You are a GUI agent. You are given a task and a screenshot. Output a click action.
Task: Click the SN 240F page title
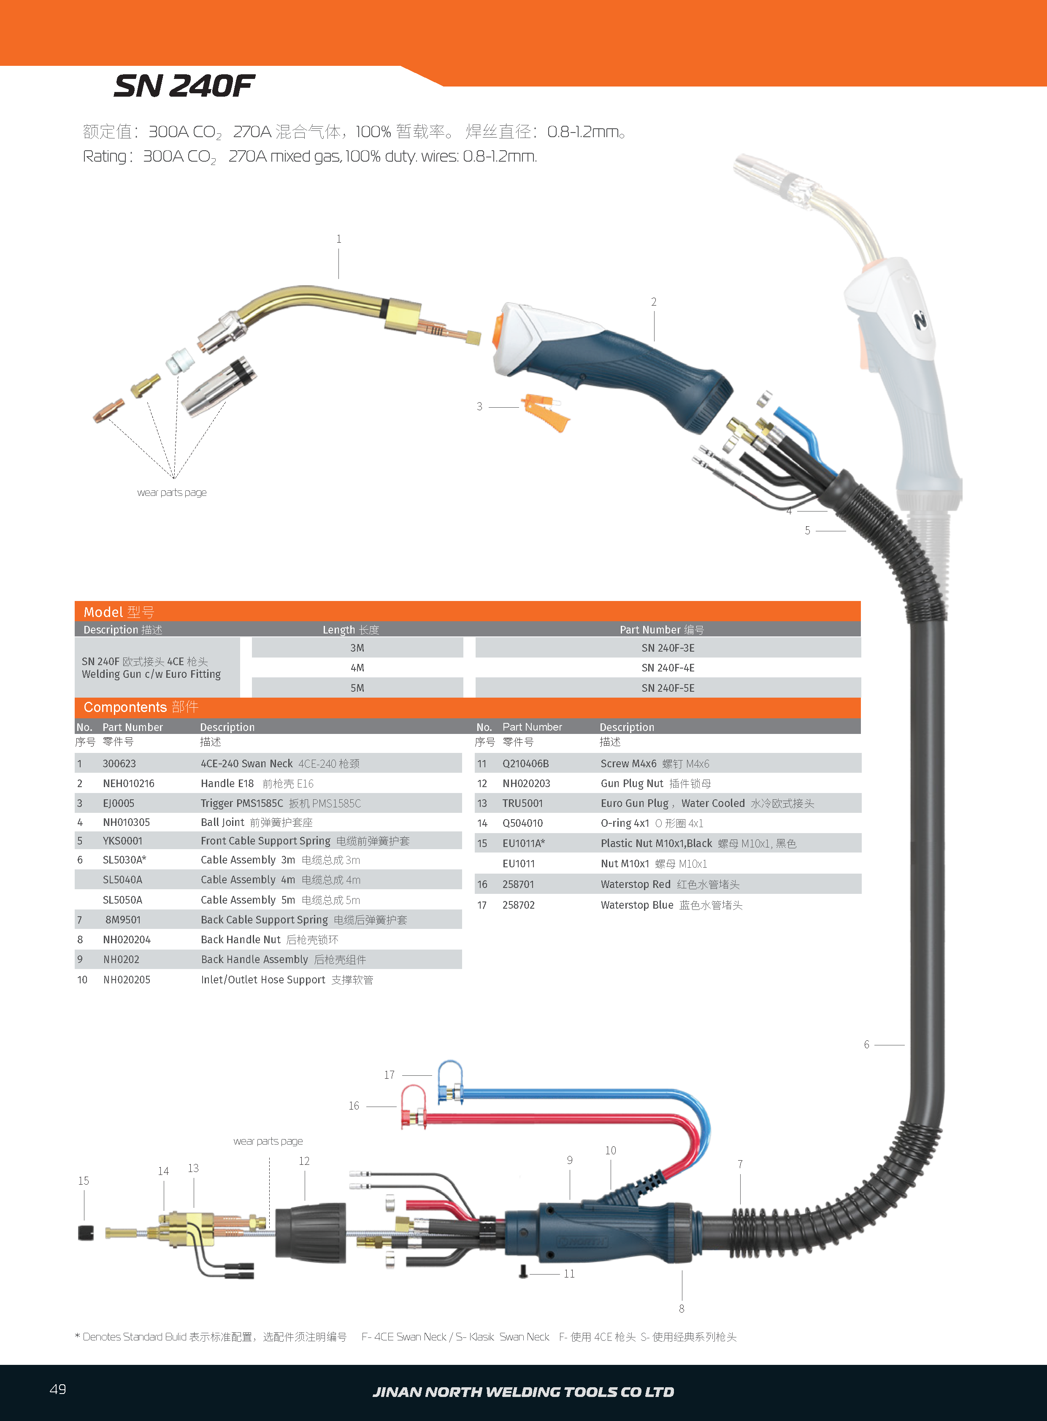tap(184, 86)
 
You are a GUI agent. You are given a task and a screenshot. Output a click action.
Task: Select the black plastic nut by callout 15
tap(86, 1233)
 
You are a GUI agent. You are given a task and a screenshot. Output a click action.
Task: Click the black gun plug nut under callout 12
tap(311, 1233)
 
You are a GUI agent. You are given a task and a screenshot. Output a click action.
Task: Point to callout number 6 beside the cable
tap(866, 1045)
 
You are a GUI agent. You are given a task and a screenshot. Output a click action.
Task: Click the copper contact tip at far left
tap(108, 411)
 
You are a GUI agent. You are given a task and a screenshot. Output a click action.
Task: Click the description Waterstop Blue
tap(636, 905)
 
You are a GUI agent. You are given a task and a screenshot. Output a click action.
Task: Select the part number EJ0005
tap(119, 804)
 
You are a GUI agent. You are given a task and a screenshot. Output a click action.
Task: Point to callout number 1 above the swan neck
tap(338, 239)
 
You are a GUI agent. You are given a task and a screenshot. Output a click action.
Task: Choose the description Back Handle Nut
tap(240, 940)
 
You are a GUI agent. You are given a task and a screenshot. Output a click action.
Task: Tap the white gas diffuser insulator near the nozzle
tap(180, 361)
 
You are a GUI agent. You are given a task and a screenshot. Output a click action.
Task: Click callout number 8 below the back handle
tap(681, 1309)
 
